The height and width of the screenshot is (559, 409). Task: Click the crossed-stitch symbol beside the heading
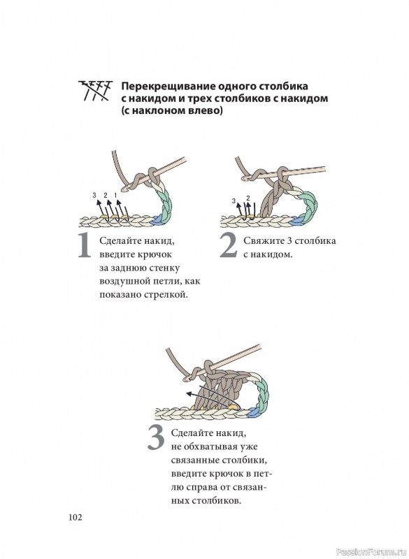pos(95,91)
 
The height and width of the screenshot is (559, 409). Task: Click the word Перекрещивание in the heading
pos(168,87)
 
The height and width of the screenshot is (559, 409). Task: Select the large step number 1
pos(85,245)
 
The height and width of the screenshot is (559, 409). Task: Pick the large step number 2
pos(228,245)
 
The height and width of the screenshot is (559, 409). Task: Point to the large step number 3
pos(156,438)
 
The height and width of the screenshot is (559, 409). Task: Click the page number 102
pos(76,517)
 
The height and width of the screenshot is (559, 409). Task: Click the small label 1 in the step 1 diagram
pos(115,195)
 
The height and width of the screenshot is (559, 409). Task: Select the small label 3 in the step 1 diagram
pos(94,195)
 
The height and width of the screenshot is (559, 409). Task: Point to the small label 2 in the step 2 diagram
pos(248,198)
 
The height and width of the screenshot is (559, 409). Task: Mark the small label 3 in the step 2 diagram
pos(234,201)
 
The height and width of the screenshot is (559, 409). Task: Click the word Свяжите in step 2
pos(263,240)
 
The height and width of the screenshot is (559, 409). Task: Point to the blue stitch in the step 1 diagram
pos(156,221)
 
